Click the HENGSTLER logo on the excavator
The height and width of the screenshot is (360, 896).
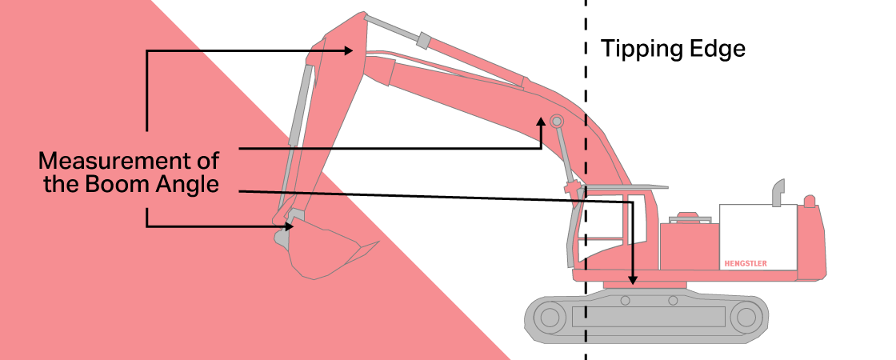[x=745, y=262]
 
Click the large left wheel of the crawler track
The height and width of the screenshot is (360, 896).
[x=550, y=318]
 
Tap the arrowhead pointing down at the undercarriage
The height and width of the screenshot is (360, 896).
[x=633, y=280]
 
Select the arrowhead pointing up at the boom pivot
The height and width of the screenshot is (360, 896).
[x=542, y=122]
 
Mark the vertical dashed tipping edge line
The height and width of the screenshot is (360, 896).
[x=586, y=160]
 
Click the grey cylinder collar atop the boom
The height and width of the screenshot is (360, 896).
[x=423, y=40]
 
